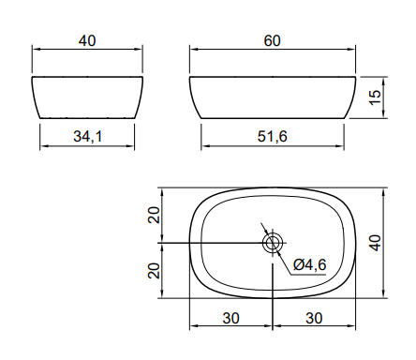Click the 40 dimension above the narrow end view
click(87, 41)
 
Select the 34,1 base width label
click(88, 137)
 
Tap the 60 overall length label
click(273, 41)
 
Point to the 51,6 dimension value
click(272, 137)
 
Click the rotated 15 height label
click(375, 97)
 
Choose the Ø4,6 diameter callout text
click(310, 265)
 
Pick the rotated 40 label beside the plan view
click(375, 243)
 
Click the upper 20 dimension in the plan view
click(154, 215)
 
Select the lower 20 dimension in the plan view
click(154, 271)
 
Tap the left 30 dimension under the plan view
click(231, 319)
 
